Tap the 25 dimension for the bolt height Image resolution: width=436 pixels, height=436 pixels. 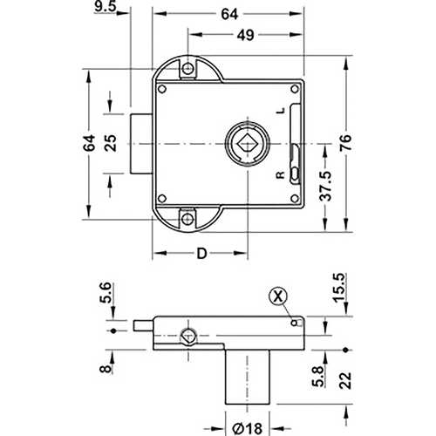point(110,143)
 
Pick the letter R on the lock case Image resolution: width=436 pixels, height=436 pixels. point(279,174)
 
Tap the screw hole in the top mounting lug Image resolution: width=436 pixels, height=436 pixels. point(186,70)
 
